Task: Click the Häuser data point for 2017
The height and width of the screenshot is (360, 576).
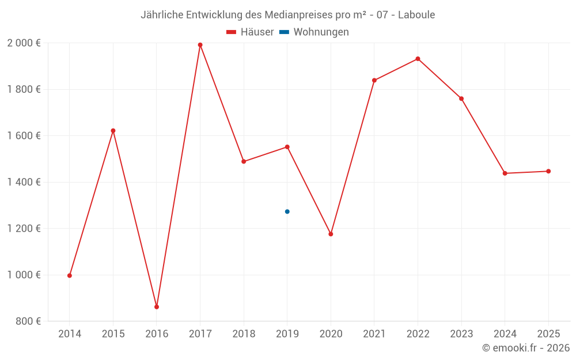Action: click(x=200, y=45)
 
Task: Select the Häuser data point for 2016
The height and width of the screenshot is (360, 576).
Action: click(x=157, y=307)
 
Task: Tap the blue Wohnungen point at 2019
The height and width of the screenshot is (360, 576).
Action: click(x=287, y=211)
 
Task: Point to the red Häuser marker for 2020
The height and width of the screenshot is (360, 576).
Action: click(x=331, y=234)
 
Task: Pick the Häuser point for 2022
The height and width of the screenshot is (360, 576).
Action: click(x=418, y=59)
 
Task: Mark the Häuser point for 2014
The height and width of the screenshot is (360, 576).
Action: click(x=70, y=275)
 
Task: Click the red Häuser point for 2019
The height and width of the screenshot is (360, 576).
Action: click(x=287, y=147)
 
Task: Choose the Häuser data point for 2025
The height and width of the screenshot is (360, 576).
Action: click(x=548, y=171)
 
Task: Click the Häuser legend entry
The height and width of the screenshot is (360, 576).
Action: click(x=250, y=32)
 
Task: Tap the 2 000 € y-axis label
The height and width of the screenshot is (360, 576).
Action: click(x=24, y=43)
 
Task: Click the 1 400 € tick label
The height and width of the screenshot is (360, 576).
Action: click(x=24, y=182)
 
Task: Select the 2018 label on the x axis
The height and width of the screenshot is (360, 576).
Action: click(x=244, y=334)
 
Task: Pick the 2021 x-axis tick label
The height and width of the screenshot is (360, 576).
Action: click(x=374, y=334)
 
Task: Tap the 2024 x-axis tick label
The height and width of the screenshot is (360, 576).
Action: click(x=505, y=334)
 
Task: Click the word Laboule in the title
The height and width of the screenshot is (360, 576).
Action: click(x=416, y=14)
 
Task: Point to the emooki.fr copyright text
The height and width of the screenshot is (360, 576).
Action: click(x=525, y=348)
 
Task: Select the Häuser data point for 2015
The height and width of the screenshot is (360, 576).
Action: click(x=113, y=131)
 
